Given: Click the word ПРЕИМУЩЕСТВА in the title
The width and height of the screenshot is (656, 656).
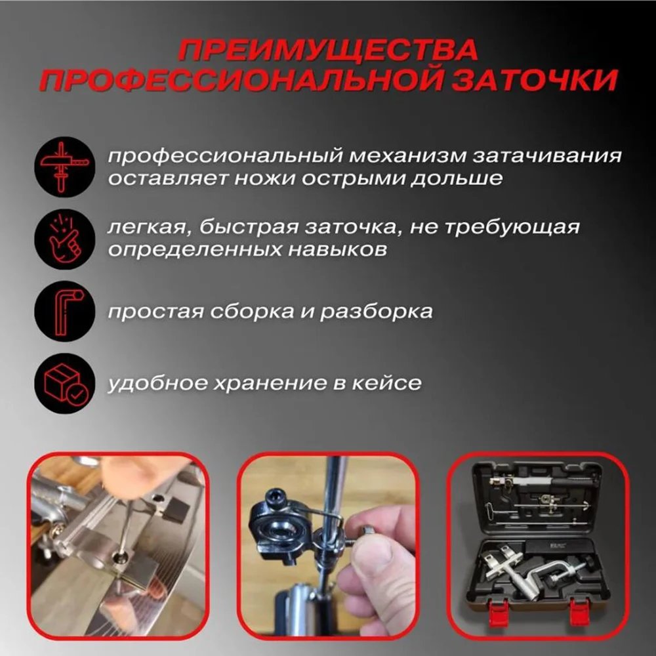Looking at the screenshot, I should pyautogui.click(x=327, y=51).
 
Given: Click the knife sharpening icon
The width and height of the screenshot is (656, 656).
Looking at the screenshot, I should pyautogui.click(x=60, y=165).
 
